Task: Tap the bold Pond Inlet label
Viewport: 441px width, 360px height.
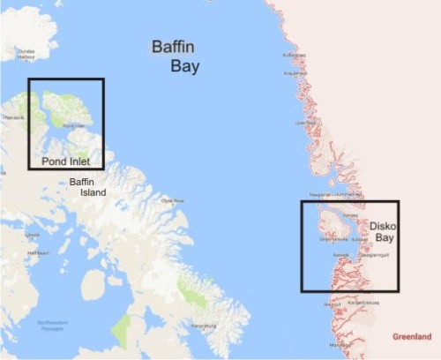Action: tap(68, 161)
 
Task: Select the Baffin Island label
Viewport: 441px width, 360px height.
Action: tap(87, 186)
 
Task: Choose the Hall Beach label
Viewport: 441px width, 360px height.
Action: tap(37, 253)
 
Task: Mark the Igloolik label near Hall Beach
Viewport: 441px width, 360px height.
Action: tap(33, 236)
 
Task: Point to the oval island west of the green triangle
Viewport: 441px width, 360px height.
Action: tap(93, 285)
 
